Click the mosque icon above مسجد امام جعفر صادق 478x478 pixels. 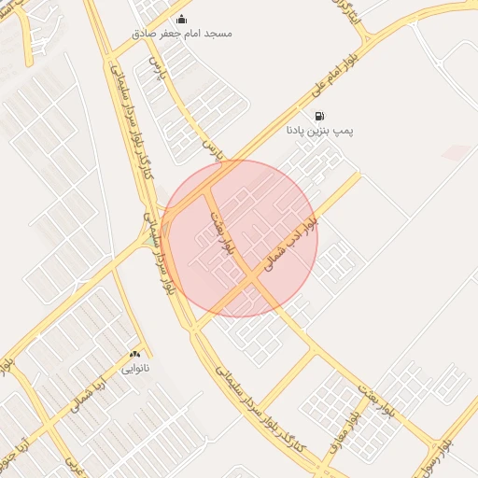click(x=181, y=19)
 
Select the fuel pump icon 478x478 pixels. click(x=320, y=117)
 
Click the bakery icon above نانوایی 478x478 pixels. click(x=135, y=354)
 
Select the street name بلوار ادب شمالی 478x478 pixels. click(x=292, y=245)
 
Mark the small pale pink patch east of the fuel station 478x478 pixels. click(x=457, y=152)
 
